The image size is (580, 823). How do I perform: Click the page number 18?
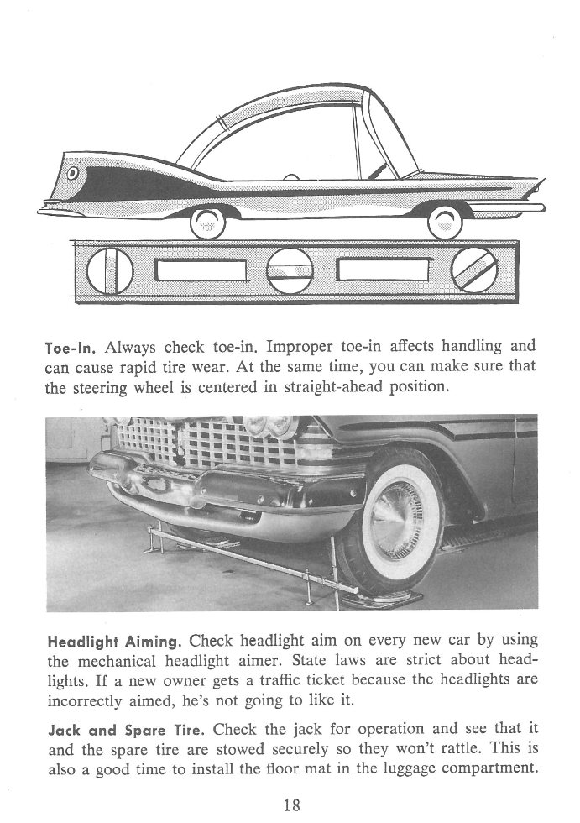(290, 805)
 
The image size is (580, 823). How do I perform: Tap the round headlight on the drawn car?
(73, 174)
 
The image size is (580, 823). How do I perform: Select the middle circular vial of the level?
(290, 270)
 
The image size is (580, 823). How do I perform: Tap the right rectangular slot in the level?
(382, 270)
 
